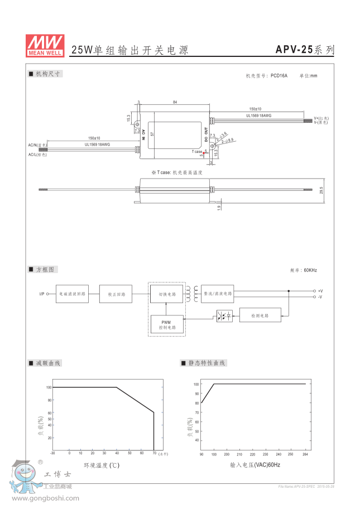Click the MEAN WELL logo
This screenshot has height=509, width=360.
[45, 45]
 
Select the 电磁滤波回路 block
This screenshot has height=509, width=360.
[72, 294]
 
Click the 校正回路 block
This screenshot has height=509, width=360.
[116, 294]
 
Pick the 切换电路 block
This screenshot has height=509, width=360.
[167, 293]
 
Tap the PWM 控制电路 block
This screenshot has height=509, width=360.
[167, 325]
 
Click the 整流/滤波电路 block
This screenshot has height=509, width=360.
[217, 293]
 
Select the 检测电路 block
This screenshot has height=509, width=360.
[261, 315]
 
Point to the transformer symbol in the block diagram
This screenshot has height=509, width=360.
[193, 293]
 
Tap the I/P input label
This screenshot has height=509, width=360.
[41, 294]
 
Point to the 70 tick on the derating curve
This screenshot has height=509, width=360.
[153, 453]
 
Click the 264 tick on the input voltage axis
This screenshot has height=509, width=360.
[305, 454]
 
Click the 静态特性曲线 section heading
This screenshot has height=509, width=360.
[207, 363]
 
